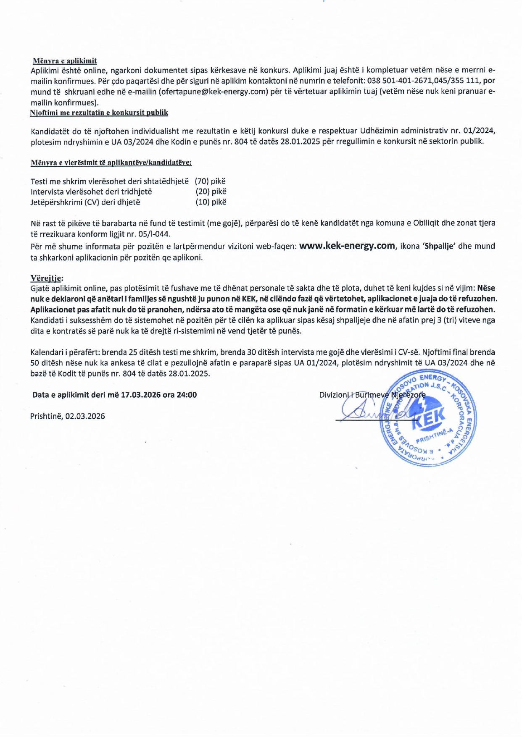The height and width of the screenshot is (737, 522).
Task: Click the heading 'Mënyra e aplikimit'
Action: point(65,61)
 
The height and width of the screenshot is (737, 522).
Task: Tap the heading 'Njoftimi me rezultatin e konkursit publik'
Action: point(99,113)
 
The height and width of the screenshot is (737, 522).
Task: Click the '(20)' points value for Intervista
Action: point(203,191)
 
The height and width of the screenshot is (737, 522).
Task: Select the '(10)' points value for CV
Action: point(203,202)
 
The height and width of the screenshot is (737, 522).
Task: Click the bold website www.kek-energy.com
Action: point(347,246)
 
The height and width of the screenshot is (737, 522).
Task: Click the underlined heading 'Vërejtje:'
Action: point(47,278)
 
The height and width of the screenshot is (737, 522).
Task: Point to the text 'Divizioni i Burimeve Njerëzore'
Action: point(372,395)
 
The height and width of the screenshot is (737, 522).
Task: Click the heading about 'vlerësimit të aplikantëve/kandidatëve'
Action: point(111,163)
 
